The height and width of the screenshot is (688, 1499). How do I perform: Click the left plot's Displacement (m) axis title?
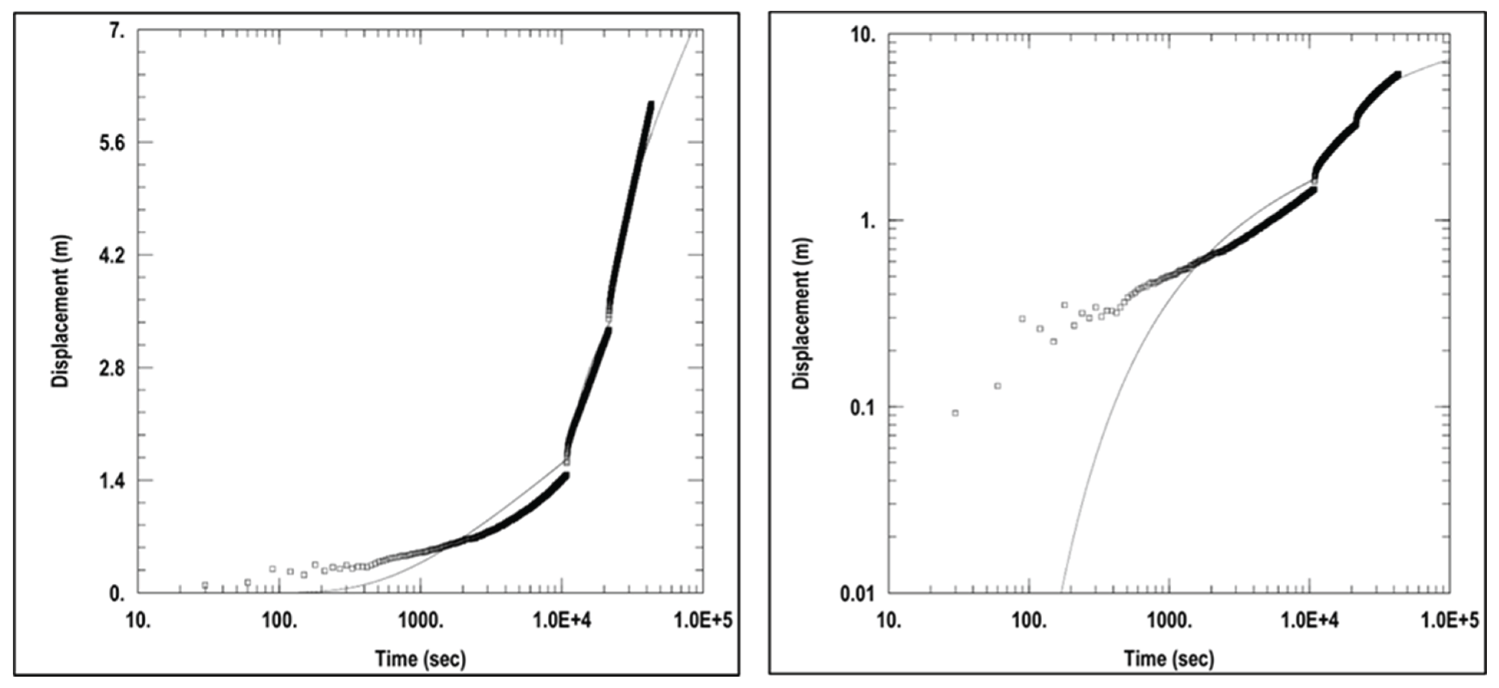click(x=61, y=311)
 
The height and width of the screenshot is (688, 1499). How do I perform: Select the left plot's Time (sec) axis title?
click(x=420, y=658)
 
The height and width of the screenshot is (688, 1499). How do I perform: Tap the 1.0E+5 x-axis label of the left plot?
click(x=703, y=621)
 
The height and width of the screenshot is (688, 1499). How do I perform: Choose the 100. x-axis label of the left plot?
click(x=280, y=621)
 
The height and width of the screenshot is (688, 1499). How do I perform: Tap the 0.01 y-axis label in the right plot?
click(x=858, y=594)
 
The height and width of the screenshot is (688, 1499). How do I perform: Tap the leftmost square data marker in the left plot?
click(x=205, y=584)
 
